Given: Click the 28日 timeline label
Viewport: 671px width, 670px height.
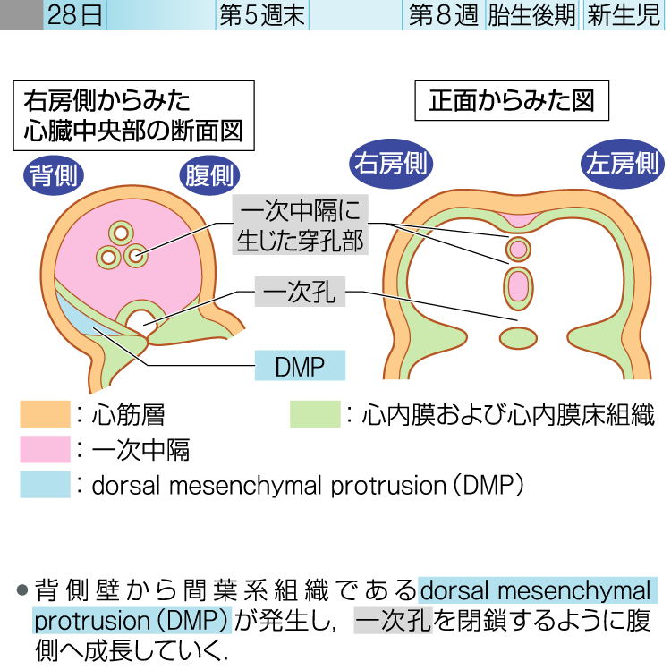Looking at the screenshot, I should tap(74, 15).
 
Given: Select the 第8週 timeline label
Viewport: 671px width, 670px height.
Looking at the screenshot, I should tap(443, 15).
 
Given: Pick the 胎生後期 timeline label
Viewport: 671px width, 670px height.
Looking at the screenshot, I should tap(531, 15).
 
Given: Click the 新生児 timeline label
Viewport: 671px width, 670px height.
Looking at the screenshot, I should tap(623, 15).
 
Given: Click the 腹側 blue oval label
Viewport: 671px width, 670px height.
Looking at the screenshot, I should tap(209, 174).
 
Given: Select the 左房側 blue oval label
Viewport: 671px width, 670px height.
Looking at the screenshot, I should tap(623, 163).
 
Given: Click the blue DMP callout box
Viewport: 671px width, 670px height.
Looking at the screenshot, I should tap(300, 365).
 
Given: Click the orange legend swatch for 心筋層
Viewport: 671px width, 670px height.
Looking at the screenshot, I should tap(45, 415).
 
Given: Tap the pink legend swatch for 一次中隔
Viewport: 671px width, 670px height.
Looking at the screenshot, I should tap(45, 449).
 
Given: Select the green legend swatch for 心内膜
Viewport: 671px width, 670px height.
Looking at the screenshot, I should tap(315, 415).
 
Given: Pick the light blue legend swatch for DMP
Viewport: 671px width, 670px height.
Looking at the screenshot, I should tap(45, 484).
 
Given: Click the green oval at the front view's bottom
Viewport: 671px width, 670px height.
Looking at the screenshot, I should tap(517, 337).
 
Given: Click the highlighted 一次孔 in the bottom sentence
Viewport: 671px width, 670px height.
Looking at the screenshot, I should tap(394, 621).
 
